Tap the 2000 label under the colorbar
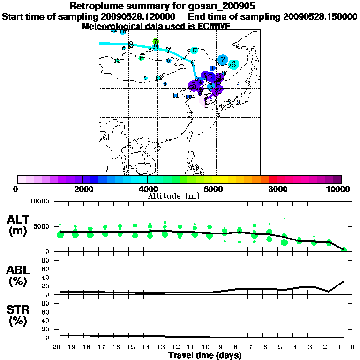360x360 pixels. click(x=82, y=189)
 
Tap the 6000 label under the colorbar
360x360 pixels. click(x=212, y=189)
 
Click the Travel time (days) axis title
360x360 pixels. click(x=205, y=356)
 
